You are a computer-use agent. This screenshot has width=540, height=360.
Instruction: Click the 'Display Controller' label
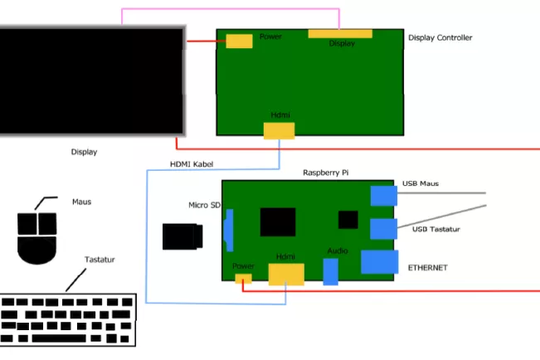coord(440,37)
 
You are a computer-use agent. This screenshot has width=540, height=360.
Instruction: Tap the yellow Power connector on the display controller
coord(240,41)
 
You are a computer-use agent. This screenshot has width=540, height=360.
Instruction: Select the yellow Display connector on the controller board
coord(340,34)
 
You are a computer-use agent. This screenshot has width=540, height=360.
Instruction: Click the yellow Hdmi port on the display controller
coord(279,131)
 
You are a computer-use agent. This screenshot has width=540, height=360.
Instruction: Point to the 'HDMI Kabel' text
coord(192,164)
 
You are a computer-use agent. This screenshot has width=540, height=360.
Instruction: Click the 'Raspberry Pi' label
coord(326,173)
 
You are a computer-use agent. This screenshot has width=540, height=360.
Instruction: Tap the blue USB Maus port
coord(384,196)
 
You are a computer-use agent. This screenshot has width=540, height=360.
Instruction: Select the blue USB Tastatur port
coord(384,229)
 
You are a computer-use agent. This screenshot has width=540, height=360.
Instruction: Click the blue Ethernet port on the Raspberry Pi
coord(380,262)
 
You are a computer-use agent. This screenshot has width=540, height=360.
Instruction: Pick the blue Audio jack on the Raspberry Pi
coord(331,272)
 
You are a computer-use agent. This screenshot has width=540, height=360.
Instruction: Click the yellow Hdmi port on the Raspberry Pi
coord(286,275)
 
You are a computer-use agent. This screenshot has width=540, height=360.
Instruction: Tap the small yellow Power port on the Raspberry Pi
coord(244,279)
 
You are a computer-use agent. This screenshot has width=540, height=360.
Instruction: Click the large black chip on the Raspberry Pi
coord(278,221)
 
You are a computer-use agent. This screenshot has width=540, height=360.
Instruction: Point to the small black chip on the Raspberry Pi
coord(348,220)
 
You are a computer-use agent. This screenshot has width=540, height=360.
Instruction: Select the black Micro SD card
coord(182,236)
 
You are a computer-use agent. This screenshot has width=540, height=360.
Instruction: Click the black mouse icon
coord(36,238)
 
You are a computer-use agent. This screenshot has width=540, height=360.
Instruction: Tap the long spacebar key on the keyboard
coord(59,338)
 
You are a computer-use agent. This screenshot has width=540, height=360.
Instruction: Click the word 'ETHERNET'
coord(428,268)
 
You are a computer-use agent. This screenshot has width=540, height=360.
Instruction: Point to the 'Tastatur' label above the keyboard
coord(100,260)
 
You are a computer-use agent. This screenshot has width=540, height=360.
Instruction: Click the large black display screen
coord(91,81)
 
